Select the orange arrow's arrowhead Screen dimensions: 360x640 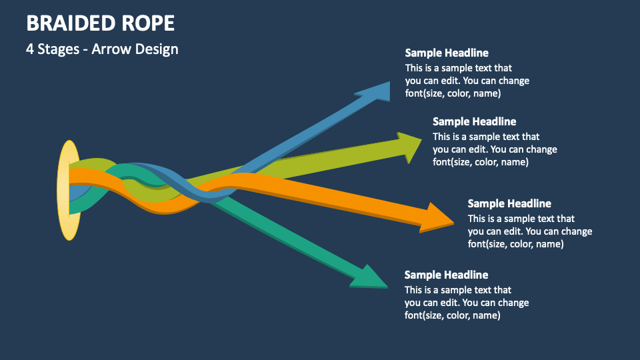(435, 218)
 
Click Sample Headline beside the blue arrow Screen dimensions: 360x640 (447, 53)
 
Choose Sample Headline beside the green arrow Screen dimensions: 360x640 (474, 121)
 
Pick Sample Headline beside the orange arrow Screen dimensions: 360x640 (509, 203)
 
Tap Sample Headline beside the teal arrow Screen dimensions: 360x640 (446, 275)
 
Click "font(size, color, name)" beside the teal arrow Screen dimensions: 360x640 (452, 315)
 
